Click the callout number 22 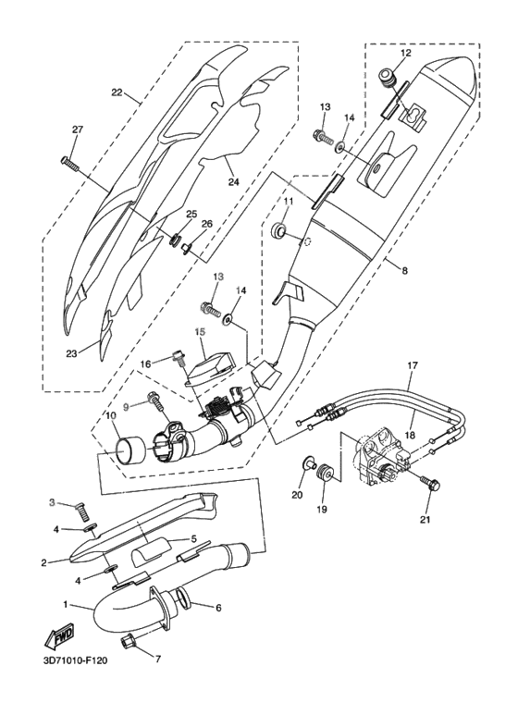pyautogui.click(x=117, y=92)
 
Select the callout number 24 pyautogui.click(x=233, y=182)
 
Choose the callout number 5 pyautogui.click(x=193, y=537)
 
